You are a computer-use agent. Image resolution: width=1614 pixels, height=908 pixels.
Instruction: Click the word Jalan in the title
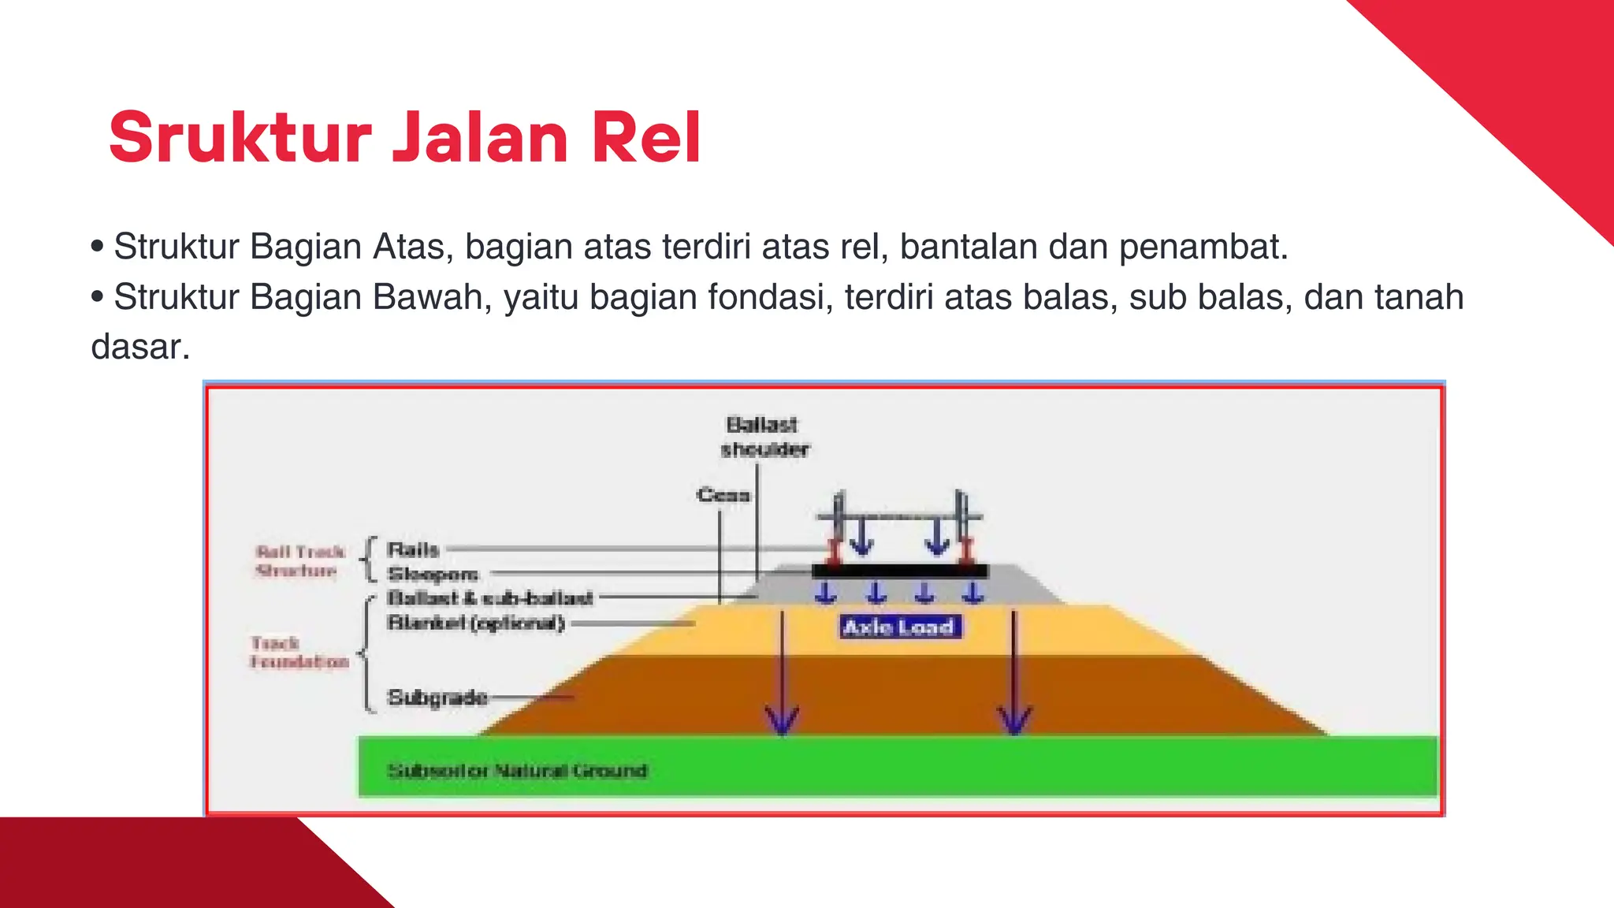480,139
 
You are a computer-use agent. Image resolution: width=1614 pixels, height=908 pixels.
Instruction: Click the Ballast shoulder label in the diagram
764,437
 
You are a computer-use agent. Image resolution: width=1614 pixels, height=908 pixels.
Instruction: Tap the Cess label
723,495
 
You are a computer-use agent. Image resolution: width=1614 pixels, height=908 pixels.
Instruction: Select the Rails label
413,549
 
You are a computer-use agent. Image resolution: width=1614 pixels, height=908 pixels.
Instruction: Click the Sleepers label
433,574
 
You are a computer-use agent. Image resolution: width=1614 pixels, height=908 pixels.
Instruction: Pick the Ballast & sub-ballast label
489,598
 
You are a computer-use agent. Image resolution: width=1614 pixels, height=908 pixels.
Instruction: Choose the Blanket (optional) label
476,623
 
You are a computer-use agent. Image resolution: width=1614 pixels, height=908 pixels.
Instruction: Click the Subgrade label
437,698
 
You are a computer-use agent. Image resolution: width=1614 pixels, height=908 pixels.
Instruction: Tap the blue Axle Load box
899,627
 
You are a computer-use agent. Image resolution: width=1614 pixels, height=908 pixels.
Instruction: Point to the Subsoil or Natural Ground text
517,770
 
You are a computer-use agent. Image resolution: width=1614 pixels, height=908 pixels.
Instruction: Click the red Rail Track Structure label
299,561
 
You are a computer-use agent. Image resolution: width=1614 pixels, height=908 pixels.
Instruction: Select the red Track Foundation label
299,653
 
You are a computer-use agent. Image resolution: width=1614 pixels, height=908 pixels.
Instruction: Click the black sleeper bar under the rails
899,571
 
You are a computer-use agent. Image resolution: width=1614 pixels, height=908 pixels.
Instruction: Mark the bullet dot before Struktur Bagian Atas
98,247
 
